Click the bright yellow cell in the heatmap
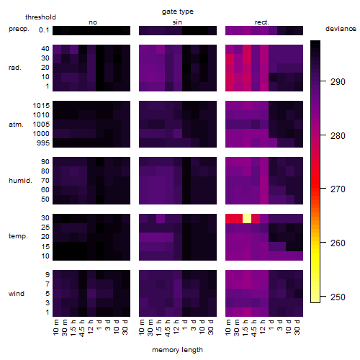247,218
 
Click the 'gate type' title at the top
178,12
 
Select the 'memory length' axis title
177,350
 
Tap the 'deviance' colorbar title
341,29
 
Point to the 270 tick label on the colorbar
338,189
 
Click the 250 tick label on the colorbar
338,297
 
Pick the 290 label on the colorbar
338,82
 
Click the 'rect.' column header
262,22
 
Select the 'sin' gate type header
177,22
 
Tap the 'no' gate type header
93,22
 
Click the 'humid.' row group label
20,181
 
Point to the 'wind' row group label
17,294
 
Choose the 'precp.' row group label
19,30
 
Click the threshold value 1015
41,106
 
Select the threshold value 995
43,143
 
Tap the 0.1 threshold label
44,30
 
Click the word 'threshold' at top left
40,17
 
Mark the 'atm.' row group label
16,125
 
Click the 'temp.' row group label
18,236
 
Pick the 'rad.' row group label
15,68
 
